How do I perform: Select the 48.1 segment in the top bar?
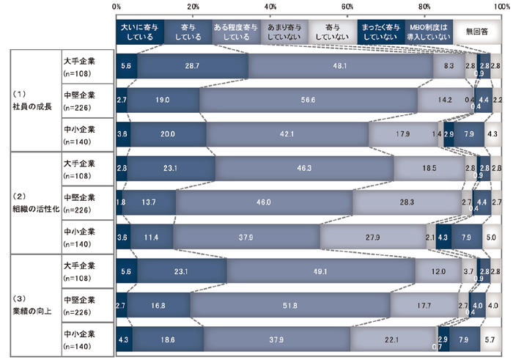339,65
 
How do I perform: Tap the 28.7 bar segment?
193,65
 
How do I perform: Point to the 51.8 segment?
290,306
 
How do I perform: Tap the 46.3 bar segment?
304,168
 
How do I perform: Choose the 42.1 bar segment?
287,134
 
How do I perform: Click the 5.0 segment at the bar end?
492,237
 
